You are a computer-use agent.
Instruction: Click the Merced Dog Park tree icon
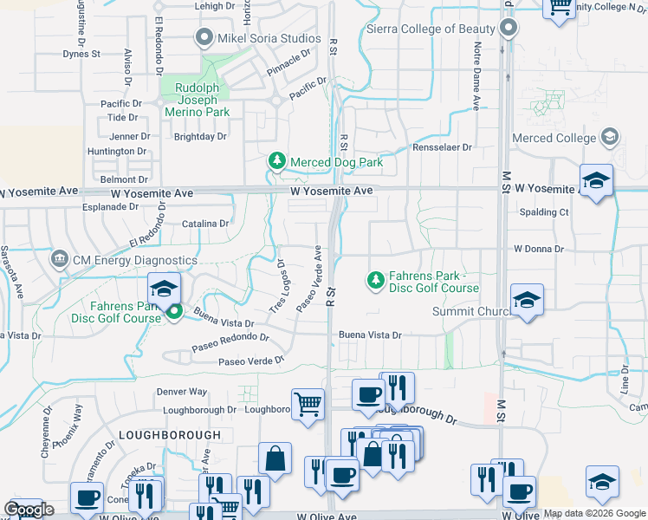[x=276, y=161]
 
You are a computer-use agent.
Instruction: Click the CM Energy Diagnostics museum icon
[x=60, y=259]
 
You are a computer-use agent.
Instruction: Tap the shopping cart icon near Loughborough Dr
[x=308, y=404]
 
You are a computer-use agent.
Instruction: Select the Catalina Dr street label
[x=205, y=224]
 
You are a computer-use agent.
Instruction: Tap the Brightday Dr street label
[x=200, y=137]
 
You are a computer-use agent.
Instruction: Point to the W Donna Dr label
[x=538, y=249]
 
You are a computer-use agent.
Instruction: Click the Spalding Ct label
[x=544, y=212]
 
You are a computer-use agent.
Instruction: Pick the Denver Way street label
[x=182, y=392]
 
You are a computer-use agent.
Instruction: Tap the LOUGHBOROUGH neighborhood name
[x=170, y=435]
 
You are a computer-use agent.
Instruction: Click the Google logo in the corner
[x=29, y=510]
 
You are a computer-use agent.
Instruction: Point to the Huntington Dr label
[x=117, y=152]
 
